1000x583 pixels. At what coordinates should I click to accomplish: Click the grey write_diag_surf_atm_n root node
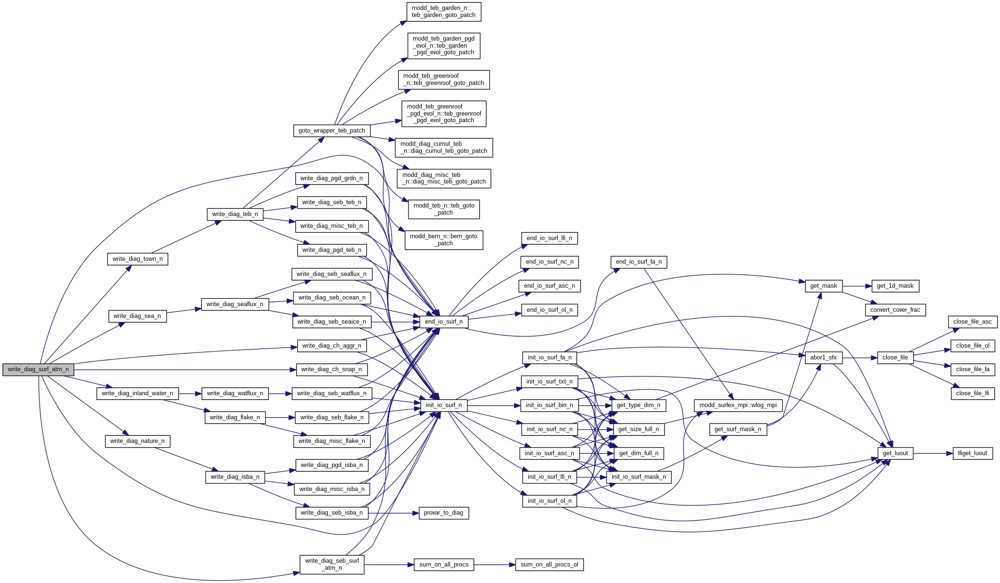point(38,370)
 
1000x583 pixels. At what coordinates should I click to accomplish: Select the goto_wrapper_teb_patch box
point(332,131)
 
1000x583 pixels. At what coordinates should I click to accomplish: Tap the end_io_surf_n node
point(443,322)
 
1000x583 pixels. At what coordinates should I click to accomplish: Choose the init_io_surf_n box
point(443,405)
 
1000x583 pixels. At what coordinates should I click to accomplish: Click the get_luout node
point(895,453)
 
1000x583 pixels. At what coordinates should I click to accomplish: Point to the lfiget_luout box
point(972,453)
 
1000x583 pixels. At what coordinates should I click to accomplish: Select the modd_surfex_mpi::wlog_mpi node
point(738,405)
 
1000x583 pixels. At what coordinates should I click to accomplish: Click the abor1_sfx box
point(823,358)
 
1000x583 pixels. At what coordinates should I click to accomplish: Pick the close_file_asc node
point(972,322)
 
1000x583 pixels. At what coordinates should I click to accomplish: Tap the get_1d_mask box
point(895,286)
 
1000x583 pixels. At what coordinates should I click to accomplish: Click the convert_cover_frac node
point(895,310)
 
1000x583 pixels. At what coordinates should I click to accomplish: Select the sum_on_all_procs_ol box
point(549,565)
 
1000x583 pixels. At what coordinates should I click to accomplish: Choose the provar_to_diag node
point(443,513)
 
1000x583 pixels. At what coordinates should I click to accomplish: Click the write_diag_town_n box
point(137,259)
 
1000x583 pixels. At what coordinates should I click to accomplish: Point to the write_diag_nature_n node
point(137,441)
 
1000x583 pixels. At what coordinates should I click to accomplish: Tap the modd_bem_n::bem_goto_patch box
point(443,240)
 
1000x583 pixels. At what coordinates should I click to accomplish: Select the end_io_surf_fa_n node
point(638,262)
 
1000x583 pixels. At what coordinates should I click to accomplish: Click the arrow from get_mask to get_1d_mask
point(856,286)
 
